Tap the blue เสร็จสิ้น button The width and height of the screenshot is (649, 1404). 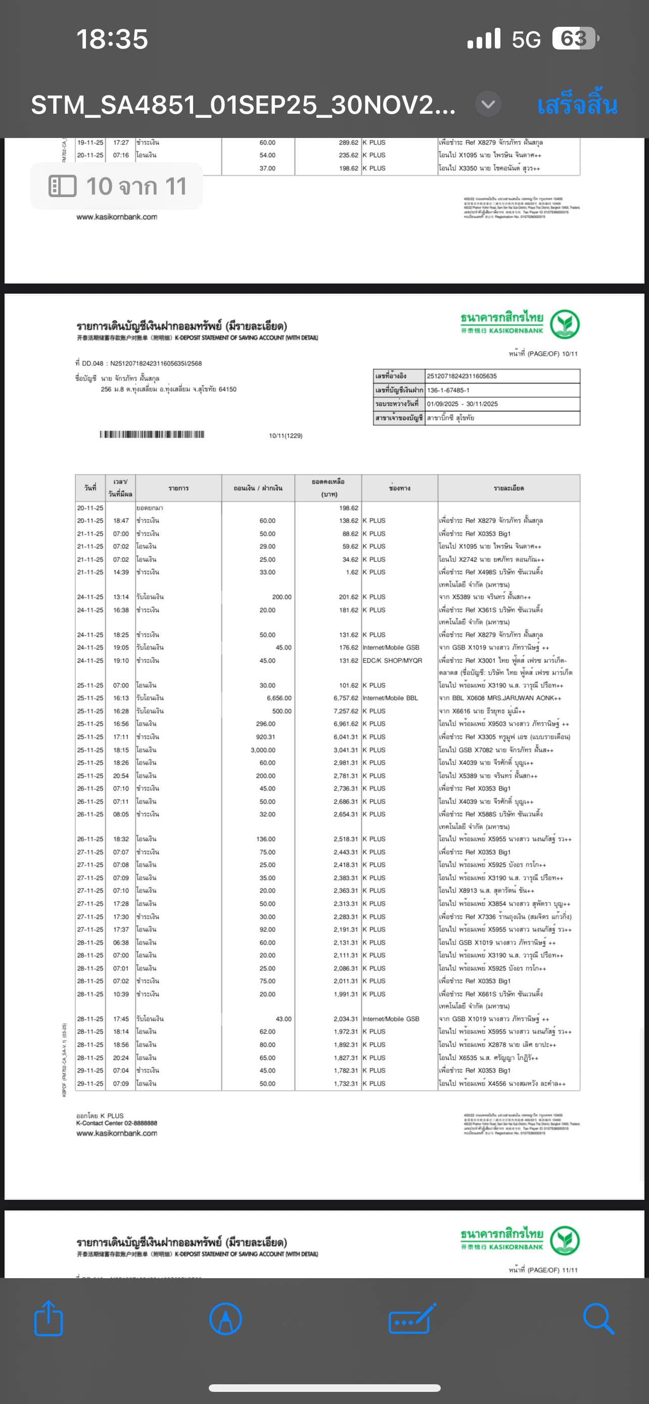pyautogui.click(x=577, y=105)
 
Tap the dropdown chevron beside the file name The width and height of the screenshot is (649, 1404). pyautogui.click(x=488, y=104)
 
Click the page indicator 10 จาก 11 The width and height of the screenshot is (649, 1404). pyautogui.click(x=117, y=186)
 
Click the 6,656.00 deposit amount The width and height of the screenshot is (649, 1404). pyautogui.click(x=279, y=698)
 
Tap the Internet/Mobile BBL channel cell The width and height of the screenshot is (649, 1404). pyautogui.click(x=390, y=698)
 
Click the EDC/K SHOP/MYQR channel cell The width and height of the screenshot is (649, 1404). pyautogui.click(x=392, y=661)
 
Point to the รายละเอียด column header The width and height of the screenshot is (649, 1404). pyautogui.click(x=508, y=488)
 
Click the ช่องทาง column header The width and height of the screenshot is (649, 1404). pyautogui.click(x=399, y=488)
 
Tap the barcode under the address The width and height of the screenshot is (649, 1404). pyautogui.click(x=152, y=434)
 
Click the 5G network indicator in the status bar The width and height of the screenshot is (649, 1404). pyautogui.click(x=526, y=39)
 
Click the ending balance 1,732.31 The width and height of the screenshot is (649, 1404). pyautogui.click(x=346, y=1084)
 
